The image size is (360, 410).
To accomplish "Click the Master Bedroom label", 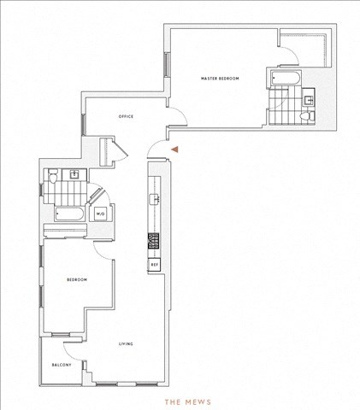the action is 220,79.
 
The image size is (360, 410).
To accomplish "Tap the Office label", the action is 126,116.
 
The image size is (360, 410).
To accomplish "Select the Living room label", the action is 126,344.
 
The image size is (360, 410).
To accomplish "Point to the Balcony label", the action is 62,365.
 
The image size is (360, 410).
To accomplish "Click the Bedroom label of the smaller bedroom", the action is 77,279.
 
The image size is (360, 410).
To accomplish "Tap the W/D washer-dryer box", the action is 100,214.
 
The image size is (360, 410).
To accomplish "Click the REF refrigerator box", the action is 154,265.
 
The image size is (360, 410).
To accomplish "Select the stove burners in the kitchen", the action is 154,241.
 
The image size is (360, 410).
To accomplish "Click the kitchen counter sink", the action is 155,198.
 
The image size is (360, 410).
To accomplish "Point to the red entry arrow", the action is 174,149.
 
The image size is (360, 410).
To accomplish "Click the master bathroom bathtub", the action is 286,78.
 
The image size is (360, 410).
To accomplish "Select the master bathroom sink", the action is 309,100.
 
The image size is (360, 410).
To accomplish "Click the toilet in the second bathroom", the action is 53,176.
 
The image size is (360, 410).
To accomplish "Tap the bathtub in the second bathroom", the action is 69,214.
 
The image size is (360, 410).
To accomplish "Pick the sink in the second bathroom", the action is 74,173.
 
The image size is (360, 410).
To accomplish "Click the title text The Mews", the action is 188,402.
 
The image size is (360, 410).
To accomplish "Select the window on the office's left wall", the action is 83,125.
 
